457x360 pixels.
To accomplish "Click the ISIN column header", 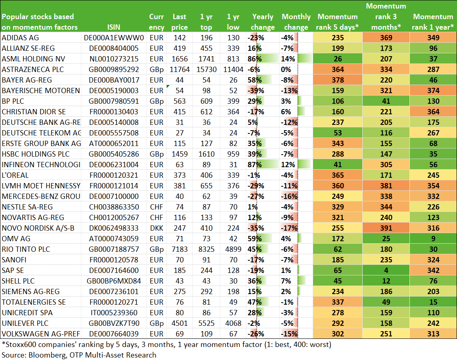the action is click(x=114, y=27).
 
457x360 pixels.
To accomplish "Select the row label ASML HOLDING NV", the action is click(x=33, y=59).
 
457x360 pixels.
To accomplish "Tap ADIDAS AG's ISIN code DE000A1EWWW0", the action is click(x=114, y=38).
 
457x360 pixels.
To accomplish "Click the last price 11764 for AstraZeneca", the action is click(x=180, y=70).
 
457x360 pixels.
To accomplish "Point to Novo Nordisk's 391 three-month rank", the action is click(x=386, y=228).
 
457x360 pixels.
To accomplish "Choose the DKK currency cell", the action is click(x=157, y=228).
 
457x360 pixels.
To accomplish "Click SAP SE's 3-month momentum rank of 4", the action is click(x=386, y=271).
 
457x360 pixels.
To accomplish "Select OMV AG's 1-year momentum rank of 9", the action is click(x=433, y=239).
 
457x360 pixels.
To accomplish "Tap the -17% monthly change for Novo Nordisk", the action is click(x=289, y=228).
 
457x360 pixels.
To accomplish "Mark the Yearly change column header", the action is click(x=263, y=22).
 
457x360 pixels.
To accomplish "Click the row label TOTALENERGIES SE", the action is click(x=34, y=302).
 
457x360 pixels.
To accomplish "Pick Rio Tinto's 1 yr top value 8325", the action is click(x=207, y=249).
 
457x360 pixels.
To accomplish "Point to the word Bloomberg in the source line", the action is click(x=47, y=355).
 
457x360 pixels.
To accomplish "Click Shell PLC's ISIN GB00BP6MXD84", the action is click(x=114, y=281).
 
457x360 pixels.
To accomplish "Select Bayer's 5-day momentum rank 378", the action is click(x=337, y=80).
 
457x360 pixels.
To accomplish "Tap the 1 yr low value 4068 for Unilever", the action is click(x=233, y=323).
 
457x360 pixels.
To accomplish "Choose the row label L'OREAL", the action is click(x=15, y=175).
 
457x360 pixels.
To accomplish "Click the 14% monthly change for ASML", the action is click(x=288, y=59).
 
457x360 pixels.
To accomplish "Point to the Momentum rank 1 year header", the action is click(x=433, y=22).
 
